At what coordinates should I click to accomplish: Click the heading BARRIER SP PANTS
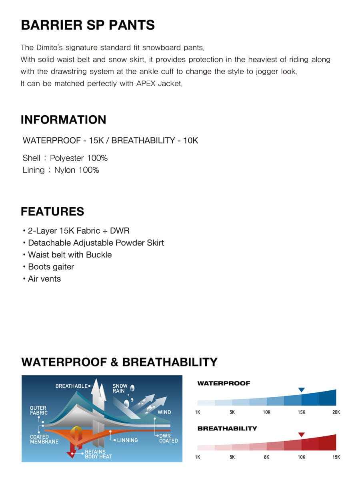88,25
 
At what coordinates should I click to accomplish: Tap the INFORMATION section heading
63,120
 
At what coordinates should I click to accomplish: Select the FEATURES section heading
52,211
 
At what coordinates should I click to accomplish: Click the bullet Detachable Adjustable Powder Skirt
96,243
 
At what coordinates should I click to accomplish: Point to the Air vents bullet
44,279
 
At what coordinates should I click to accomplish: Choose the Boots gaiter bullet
51,267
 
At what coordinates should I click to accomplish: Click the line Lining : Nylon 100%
61,170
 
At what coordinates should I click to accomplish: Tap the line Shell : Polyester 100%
65,158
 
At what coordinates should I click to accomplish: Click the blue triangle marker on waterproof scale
302,390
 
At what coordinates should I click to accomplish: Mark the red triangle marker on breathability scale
302,435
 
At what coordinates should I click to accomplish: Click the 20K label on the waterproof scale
336,412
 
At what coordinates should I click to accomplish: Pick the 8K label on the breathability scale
267,457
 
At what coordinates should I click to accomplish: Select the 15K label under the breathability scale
336,457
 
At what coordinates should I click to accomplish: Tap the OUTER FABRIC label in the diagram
39,410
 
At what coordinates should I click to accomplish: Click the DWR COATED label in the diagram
168,438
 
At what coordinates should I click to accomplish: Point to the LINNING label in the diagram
127,440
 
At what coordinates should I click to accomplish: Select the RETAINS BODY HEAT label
98,454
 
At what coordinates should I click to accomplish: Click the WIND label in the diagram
164,412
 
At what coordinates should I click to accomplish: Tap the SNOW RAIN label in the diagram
120,388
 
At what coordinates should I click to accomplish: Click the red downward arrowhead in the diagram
72,454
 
